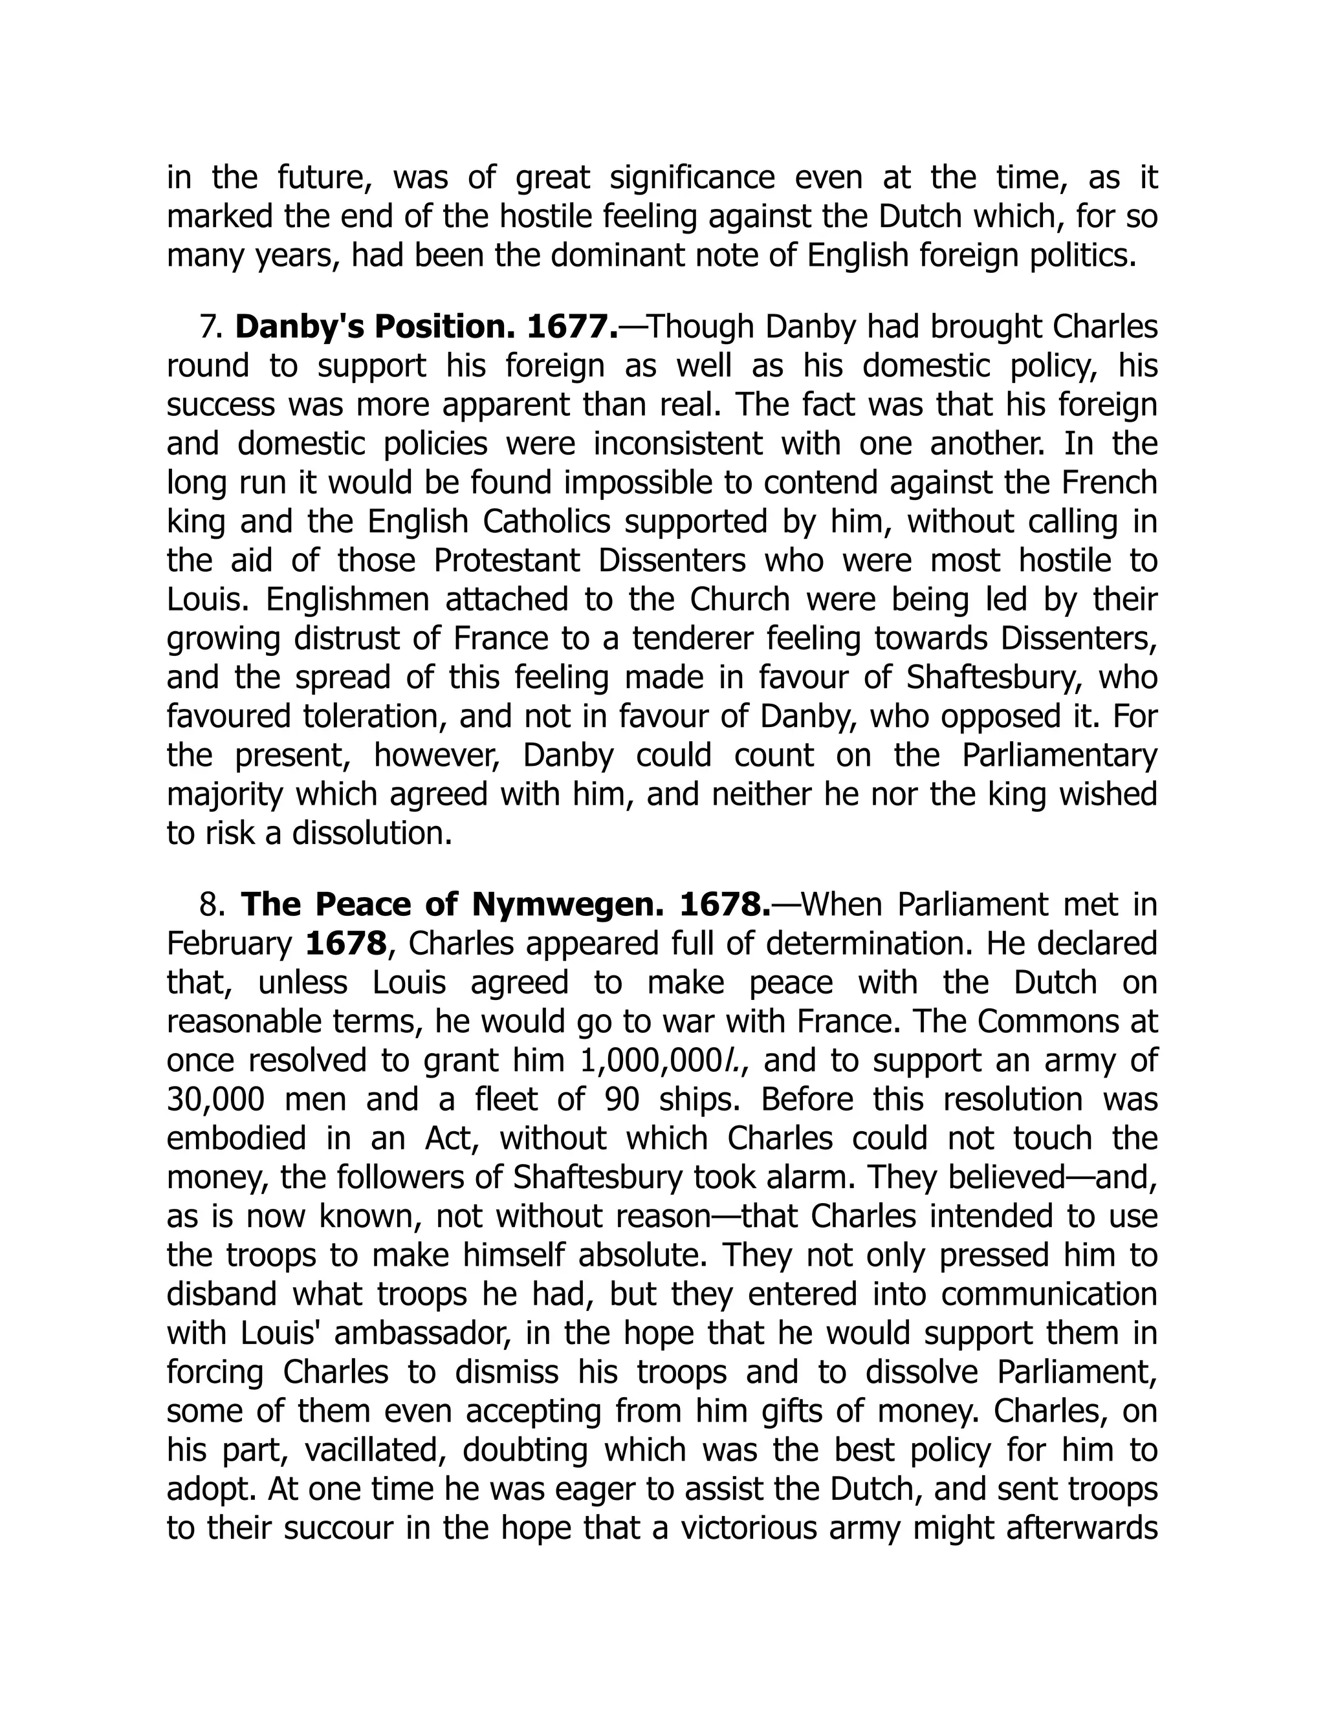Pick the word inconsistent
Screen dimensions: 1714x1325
coord(677,444)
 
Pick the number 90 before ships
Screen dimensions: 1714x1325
coord(626,1100)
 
